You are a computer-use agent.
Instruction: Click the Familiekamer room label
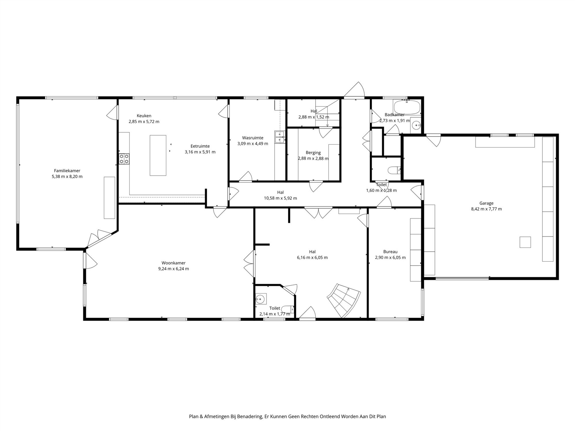point(67,171)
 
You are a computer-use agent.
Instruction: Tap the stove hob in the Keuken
point(124,159)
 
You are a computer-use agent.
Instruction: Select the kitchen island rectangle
point(158,155)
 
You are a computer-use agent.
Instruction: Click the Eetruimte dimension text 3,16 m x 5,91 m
point(200,152)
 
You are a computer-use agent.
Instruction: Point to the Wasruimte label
point(253,138)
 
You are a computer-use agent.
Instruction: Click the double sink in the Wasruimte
point(280,137)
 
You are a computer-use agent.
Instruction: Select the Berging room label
point(313,153)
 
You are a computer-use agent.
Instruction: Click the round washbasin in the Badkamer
point(416,125)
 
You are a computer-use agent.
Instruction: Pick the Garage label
point(486,203)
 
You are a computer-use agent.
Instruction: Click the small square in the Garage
point(525,242)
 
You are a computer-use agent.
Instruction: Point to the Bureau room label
point(390,252)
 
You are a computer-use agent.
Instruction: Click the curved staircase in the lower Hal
point(344,301)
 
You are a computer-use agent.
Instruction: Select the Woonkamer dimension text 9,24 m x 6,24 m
point(173,269)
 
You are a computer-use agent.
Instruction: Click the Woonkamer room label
point(173,263)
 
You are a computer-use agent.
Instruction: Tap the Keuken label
point(144,116)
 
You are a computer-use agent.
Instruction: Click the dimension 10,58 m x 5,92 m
point(280,198)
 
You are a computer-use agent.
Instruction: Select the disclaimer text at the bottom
point(287,416)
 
